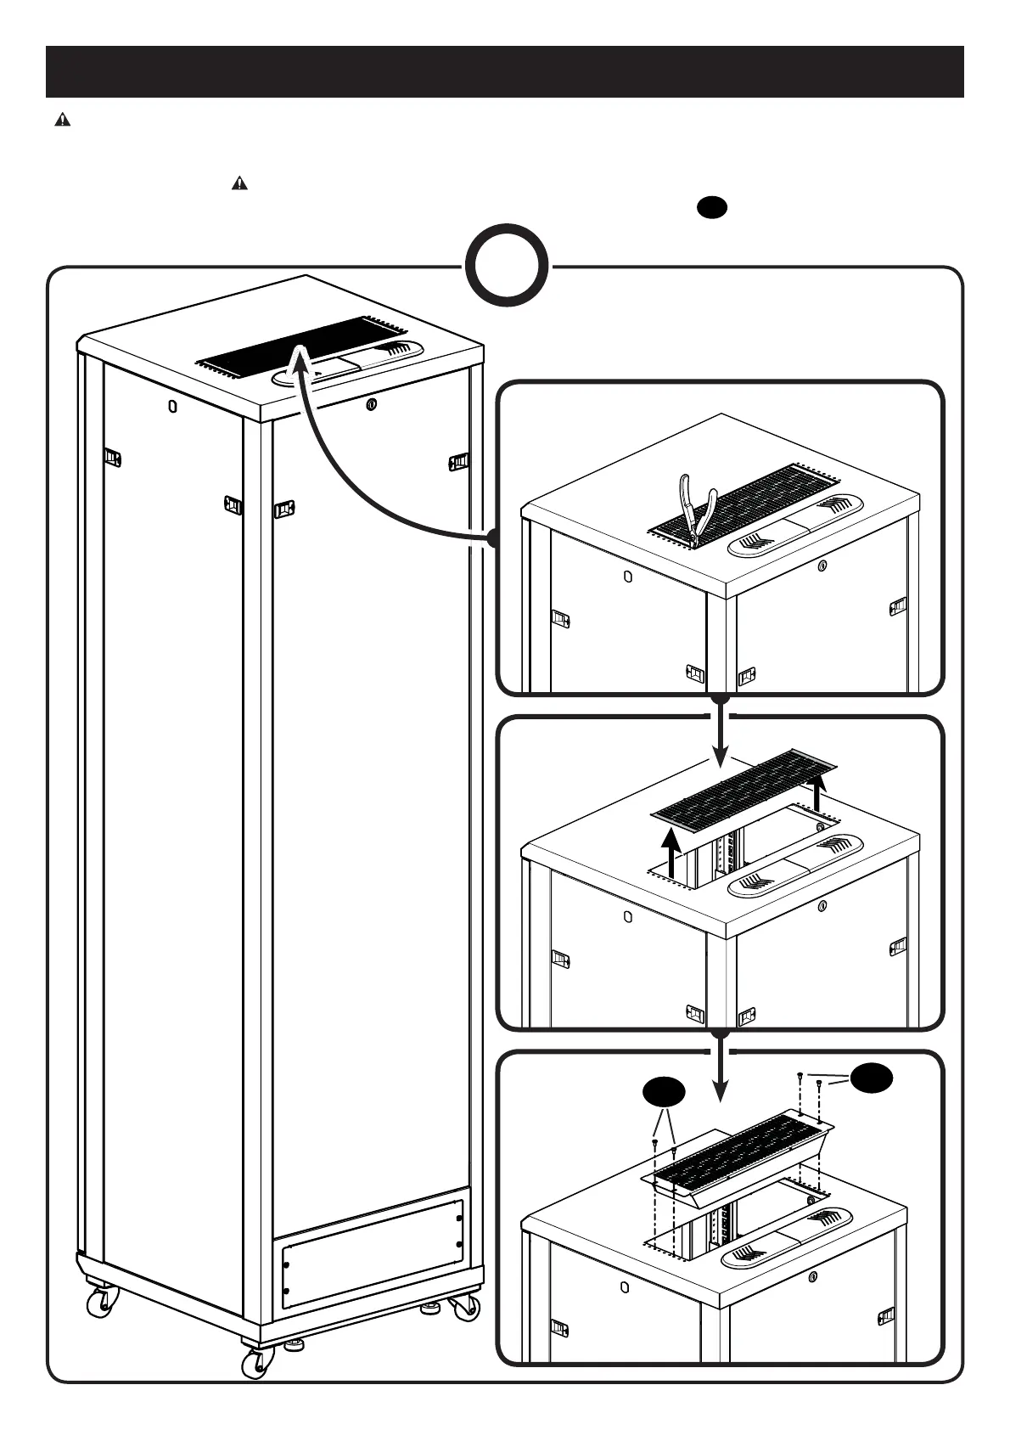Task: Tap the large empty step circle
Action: [x=507, y=265]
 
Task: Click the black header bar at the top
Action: [x=504, y=72]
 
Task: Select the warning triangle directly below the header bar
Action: [x=62, y=121]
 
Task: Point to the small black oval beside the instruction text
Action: [x=711, y=205]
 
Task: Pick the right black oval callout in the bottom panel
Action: [x=872, y=1078]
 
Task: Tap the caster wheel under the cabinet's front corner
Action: [x=254, y=1363]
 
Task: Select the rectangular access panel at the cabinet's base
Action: [x=373, y=1254]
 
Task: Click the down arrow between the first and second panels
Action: [x=720, y=735]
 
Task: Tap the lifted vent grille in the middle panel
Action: [x=743, y=787]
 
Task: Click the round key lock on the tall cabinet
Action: [x=370, y=404]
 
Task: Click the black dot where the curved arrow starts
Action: [x=492, y=538]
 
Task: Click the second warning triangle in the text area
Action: [x=239, y=184]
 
